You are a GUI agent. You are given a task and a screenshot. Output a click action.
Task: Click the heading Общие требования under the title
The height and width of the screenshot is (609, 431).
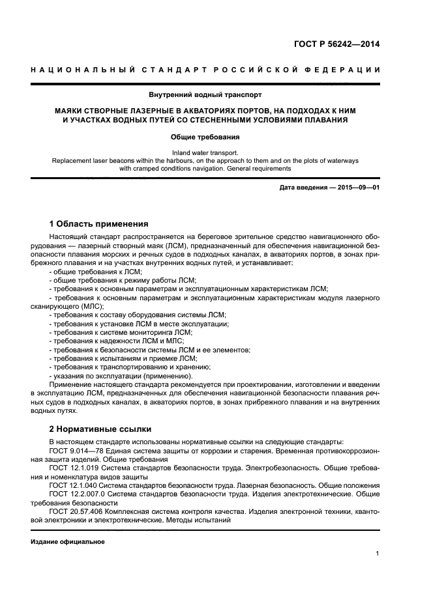(x=205, y=137)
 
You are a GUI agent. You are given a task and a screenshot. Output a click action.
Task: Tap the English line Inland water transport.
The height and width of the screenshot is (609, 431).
(x=205, y=152)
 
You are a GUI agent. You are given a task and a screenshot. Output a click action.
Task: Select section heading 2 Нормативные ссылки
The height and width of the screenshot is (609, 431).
(x=100, y=429)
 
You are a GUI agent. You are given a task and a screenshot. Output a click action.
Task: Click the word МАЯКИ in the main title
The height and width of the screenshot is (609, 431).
(x=69, y=111)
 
